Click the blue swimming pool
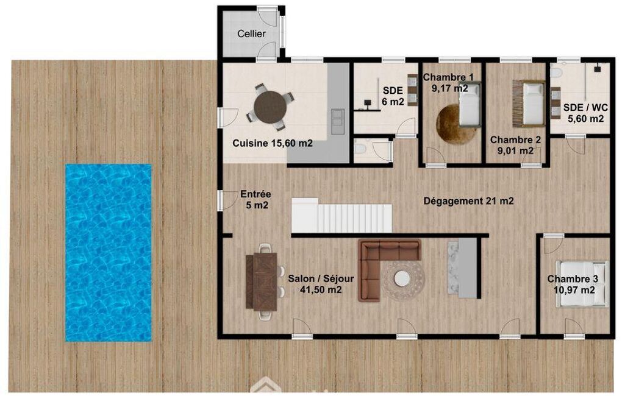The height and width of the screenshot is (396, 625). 109,253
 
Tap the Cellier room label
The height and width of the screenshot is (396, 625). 251,34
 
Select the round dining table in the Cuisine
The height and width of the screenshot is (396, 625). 270,107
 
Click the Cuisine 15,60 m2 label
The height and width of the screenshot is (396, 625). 273,143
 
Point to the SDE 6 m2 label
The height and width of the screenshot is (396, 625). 393,96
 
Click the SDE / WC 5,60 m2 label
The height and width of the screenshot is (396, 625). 585,113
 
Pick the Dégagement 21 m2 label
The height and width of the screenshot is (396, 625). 468,201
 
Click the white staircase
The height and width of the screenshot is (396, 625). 341,216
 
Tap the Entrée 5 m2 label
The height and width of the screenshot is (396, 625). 255,200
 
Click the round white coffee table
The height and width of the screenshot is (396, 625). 402,278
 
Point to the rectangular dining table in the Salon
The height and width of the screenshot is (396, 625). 265,281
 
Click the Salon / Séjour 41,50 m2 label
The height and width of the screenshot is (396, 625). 321,284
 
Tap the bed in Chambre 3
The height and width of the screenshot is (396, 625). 582,284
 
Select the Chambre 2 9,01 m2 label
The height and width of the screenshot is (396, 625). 515,145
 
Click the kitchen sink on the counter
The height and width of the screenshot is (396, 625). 338,121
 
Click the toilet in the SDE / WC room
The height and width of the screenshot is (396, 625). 555,72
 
